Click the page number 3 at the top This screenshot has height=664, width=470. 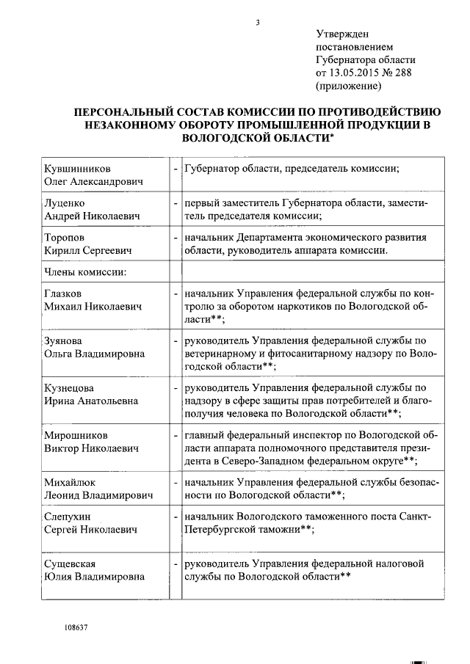pos(258,22)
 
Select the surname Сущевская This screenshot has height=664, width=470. pos(70,563)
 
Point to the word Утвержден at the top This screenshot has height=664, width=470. pos(342,34)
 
